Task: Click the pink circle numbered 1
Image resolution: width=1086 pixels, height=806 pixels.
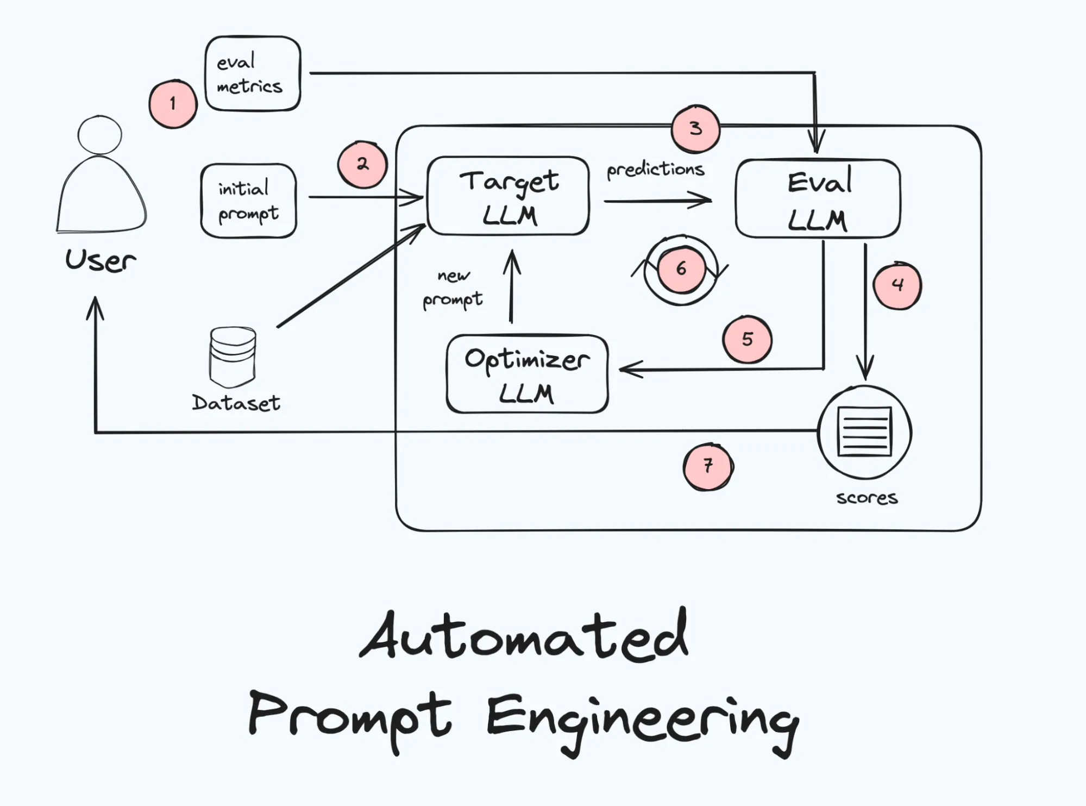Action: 173,104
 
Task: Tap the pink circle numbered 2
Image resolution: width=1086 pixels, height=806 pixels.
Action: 362,165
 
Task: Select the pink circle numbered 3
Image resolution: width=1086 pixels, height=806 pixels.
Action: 695,129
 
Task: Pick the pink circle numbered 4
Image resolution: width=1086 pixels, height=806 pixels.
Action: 897,285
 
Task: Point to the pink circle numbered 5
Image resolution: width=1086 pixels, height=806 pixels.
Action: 747,340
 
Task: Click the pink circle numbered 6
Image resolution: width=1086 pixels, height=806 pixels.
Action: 681,269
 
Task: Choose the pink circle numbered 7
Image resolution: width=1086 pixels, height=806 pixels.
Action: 708,466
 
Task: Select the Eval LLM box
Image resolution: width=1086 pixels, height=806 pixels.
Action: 818,199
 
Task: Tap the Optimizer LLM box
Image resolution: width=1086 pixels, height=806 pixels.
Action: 526,374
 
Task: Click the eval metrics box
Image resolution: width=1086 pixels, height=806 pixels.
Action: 253,74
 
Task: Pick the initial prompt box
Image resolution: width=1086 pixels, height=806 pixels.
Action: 248,201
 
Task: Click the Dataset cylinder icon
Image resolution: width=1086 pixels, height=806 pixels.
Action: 233,356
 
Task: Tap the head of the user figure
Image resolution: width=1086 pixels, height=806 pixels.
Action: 99,135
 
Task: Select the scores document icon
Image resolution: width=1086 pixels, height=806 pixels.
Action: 864,432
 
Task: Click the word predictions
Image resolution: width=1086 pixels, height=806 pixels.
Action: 655,170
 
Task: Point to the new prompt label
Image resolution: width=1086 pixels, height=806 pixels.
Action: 453,289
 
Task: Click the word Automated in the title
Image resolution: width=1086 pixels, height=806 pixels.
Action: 524,636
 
